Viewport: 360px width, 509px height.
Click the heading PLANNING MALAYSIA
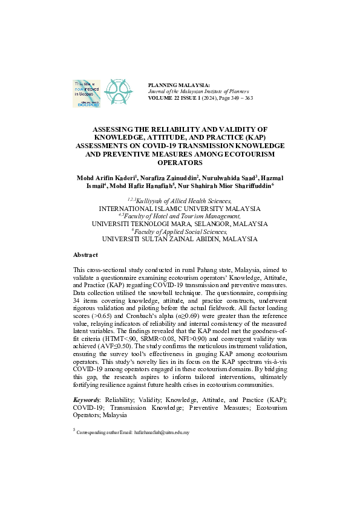point(179,85)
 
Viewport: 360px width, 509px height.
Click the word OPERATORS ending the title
point(180,163)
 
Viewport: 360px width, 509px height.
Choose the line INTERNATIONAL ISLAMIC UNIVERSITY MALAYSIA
point(180,207)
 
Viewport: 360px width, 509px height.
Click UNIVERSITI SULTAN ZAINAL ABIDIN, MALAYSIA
point(180,239)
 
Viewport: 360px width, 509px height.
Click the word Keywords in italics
point(87,400)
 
